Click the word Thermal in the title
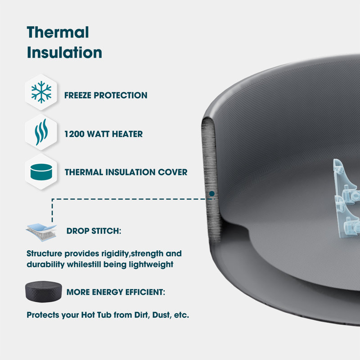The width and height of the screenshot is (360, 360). click(58, 32)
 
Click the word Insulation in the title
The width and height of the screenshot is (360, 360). click(64, 53)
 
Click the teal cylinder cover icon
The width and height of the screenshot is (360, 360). click(41, 172)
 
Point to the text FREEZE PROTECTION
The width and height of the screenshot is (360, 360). click(106, 95)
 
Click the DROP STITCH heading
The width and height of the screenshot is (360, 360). click(94, 231)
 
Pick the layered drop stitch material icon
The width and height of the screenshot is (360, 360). click(41, 231)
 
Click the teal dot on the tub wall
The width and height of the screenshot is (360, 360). click(211, 194)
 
